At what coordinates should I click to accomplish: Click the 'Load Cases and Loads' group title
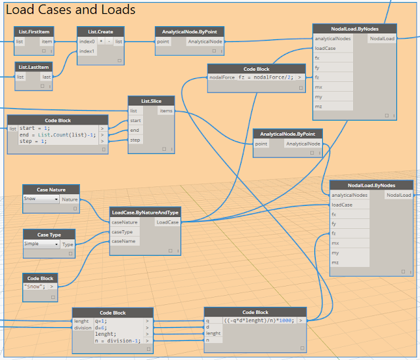(71, 9)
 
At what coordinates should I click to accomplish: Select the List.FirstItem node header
(33, 31)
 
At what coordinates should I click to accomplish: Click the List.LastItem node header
(33, 66)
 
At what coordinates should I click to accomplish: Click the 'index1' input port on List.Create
(87, 51)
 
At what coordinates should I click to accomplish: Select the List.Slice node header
(152, 101)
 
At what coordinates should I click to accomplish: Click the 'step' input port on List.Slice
(135, 140)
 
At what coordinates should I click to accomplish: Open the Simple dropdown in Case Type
(41, 244)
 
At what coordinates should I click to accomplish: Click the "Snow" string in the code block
(35, 287)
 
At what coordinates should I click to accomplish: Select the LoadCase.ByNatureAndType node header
(145, 212)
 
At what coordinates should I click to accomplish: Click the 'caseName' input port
(123, 241)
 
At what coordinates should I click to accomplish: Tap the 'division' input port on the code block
(83, 328)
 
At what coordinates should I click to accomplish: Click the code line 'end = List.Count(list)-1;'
(56, 134)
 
